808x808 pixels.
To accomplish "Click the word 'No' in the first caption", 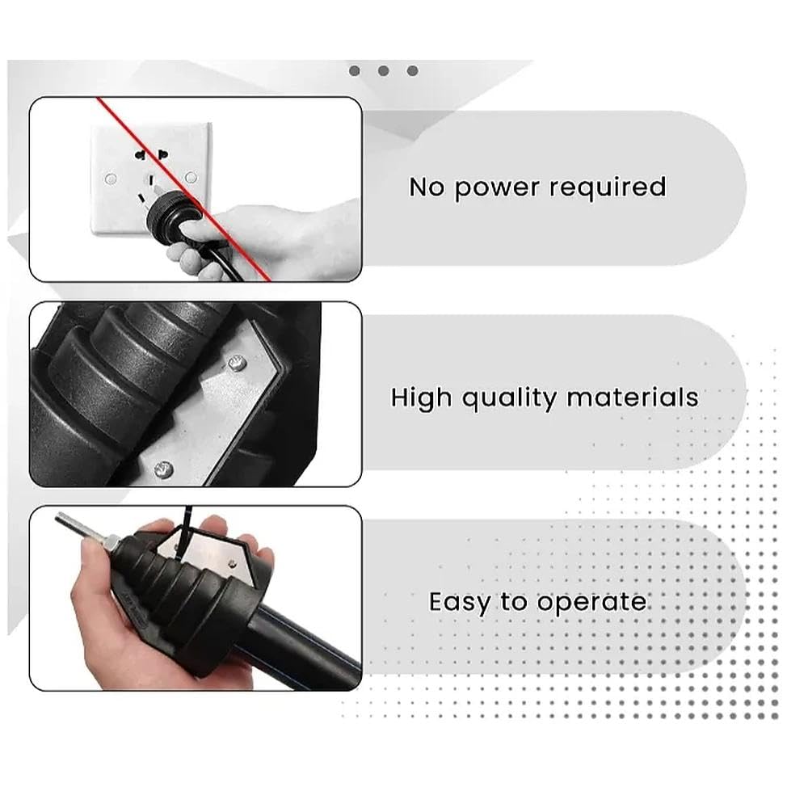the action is (426, 187).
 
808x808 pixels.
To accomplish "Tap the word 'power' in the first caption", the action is (496, 189).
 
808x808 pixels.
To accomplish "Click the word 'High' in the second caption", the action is (421, 398).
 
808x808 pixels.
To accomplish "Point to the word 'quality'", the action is (509, 399).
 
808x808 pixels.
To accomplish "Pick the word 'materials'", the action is (633, 398).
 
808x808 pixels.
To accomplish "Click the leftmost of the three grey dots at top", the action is (355, 70).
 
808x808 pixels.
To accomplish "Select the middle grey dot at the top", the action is (383, 70).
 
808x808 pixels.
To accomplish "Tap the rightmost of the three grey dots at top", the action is (412, 70).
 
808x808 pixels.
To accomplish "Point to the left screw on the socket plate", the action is (111, 179).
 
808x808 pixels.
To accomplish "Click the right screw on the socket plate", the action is (191, 177).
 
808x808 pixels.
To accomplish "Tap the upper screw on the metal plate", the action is (236, 364).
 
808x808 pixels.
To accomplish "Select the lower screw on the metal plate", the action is (164, 469).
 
